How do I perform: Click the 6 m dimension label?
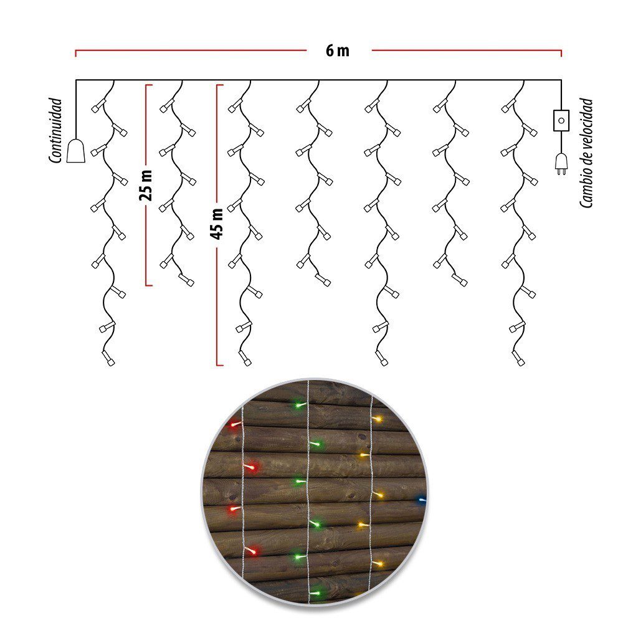coord(337,51)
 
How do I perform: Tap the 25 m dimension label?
coord(146,185)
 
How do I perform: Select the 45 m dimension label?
coord(217,224)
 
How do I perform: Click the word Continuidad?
coord(55,130)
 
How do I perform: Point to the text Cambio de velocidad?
coord(586,153)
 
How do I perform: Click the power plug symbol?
coord(561,164)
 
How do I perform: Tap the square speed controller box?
coord(561,120)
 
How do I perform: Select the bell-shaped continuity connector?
coord(75,150)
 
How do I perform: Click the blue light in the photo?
coord(421,500)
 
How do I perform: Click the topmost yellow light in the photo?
coord(377,419)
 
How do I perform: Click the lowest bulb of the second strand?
coord(186,280)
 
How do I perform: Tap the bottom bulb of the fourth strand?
coord(323,280)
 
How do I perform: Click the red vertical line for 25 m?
coord(146,185)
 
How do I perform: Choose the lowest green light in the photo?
coord(316,593)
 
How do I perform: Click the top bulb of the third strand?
coord(235,106)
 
